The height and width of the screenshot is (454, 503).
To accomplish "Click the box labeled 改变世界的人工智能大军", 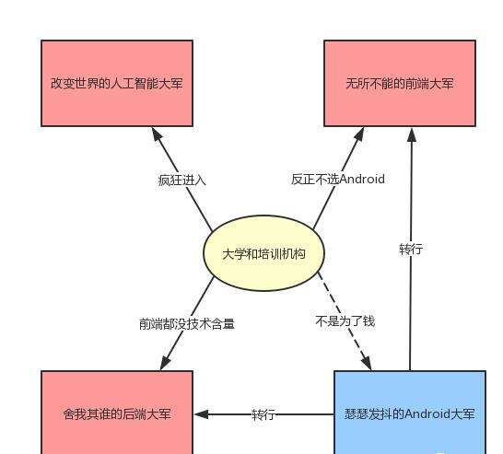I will click(117, 83).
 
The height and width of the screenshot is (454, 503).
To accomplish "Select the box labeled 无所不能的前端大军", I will click(399, 83).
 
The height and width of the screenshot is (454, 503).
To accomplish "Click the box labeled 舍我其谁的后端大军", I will click(117, 413).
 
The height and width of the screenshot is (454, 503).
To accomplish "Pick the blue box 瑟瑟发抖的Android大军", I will click(409, 413).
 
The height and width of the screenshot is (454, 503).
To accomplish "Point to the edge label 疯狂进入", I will click(182, 180).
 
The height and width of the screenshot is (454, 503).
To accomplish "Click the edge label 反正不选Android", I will click(338, 180).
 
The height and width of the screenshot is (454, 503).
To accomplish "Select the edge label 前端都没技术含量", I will click(187, 323).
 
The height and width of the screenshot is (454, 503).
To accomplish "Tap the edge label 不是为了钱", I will click(345, 321).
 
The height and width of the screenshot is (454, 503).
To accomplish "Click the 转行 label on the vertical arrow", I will click(411, 250).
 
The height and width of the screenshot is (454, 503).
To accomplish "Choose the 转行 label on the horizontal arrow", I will click(263, 414).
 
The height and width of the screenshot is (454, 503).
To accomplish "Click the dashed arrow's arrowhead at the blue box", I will click(367, 364).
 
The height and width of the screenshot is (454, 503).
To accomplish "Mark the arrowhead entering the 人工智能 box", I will click(156, 134).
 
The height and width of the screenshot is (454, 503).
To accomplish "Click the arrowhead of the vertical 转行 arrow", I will click(411, 134).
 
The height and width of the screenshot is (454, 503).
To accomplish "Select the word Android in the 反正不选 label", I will click(362, 180).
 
